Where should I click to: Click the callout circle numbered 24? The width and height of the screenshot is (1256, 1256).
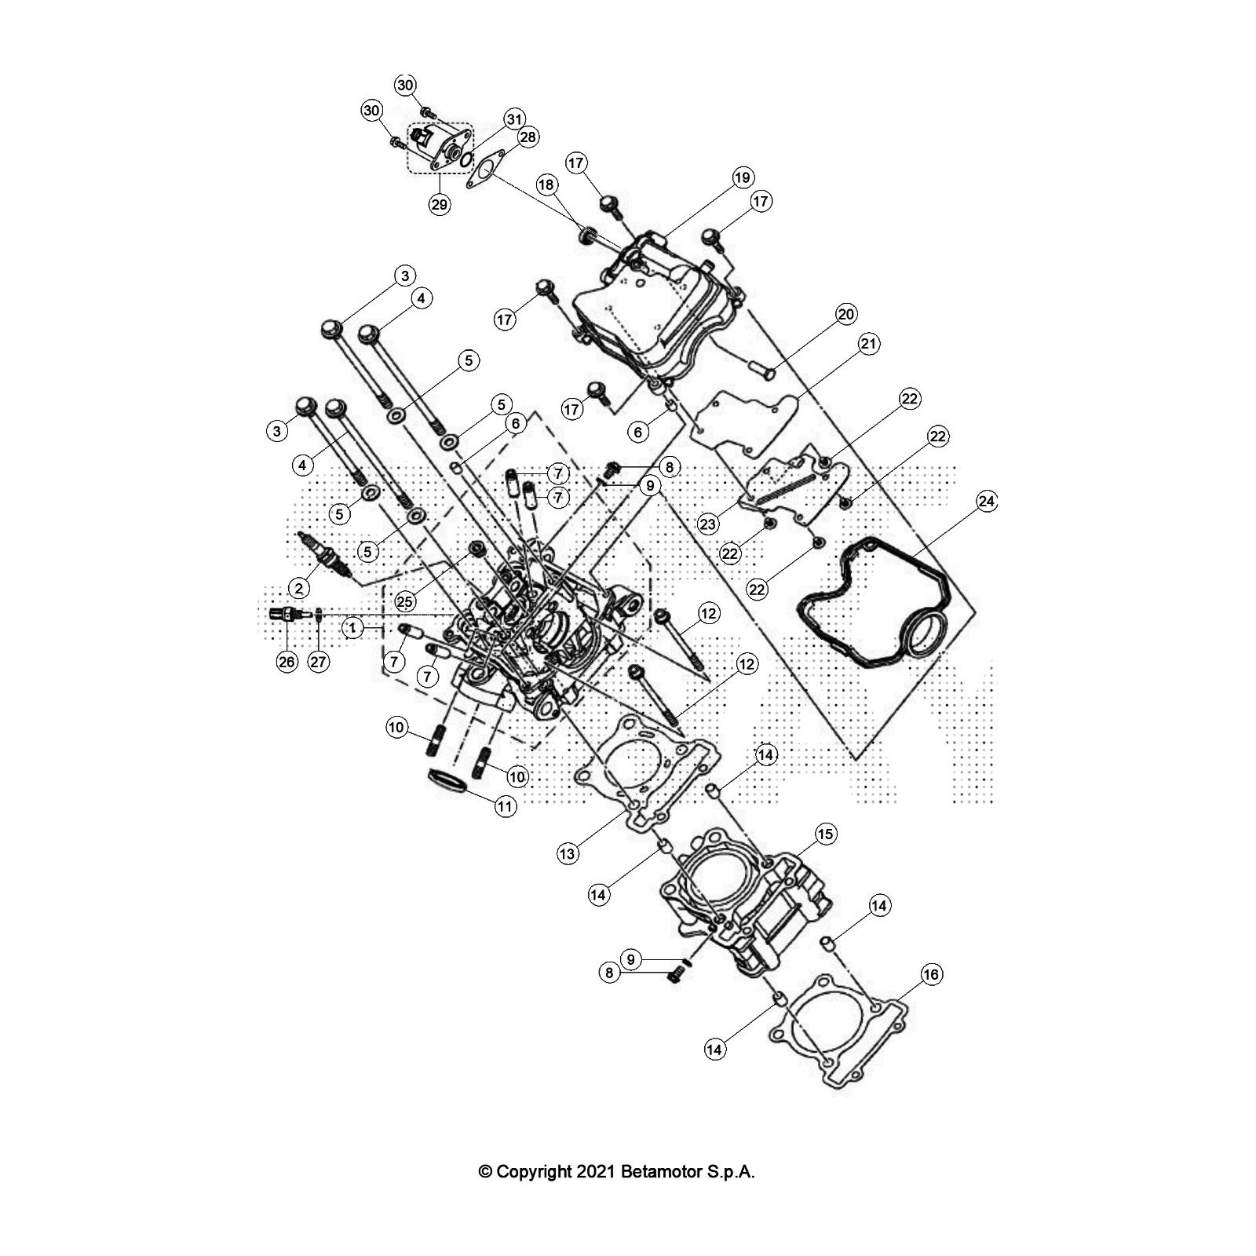[x=987, y=502]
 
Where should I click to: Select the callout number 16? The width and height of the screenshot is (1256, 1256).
[x=930, y=975]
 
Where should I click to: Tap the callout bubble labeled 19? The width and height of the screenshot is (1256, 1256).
[x=743, y=177]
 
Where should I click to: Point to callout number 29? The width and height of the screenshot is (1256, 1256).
[x=439, y=205]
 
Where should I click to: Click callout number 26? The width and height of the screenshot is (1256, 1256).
[x=287, y=662]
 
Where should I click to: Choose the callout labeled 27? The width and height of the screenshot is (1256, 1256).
[x=318, y=662]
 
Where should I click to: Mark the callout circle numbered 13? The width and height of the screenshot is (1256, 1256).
[x=568, y=854]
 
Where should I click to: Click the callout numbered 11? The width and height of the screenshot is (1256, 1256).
[x=505, y=806]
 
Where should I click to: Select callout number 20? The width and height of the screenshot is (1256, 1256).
[x=845, y=315]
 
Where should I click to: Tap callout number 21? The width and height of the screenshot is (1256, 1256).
[x=870, y=344]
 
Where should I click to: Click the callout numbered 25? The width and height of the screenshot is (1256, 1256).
[x=404, y=601]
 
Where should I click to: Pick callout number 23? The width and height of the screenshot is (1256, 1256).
[x=709, y=524]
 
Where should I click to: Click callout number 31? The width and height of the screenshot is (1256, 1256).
[x=513, y=119]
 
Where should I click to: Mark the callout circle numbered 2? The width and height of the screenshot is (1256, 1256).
[x=298, y=586]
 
